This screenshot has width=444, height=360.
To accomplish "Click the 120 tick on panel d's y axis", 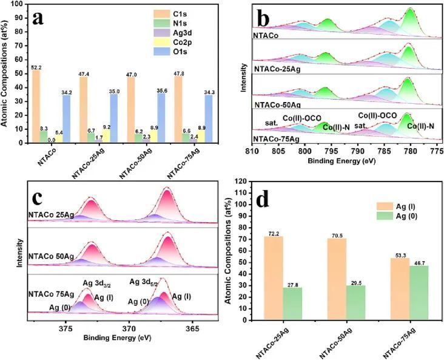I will [246, 182].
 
